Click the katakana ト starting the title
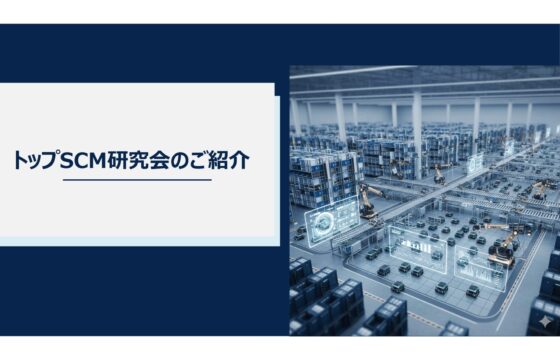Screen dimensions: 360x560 point(21,159)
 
